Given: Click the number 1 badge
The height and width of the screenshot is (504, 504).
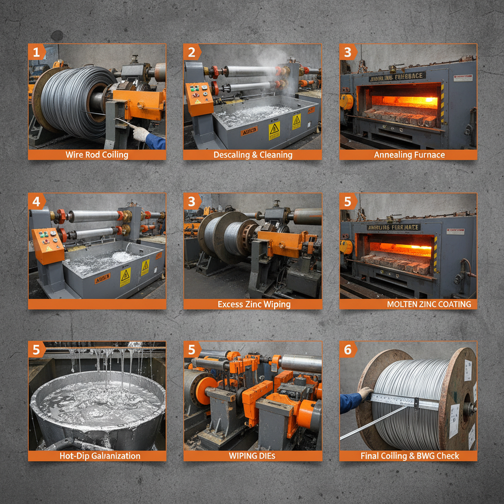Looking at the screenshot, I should click(35, 52).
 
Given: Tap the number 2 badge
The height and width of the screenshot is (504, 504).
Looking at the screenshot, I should click(191, 52).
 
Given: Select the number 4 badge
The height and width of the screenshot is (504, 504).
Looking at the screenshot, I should click(35, 201).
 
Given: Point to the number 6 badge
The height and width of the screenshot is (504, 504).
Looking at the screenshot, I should click(347, 349).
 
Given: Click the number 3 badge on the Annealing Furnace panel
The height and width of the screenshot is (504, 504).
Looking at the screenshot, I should click(347, 52).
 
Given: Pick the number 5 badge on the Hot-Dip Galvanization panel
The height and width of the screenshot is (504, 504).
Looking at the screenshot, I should click(35, 349).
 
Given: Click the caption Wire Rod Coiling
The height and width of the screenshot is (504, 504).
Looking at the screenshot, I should click(97, 155).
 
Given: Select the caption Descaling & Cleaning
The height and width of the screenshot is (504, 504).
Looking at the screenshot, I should click(252, 155).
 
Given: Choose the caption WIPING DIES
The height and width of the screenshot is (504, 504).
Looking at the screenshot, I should click(252, 456).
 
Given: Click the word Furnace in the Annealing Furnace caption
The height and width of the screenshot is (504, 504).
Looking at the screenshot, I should click(429, 155).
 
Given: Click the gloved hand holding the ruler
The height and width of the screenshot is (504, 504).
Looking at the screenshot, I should click(364, 393).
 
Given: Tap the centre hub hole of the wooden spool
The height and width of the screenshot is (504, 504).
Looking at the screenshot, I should click(466, 408).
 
